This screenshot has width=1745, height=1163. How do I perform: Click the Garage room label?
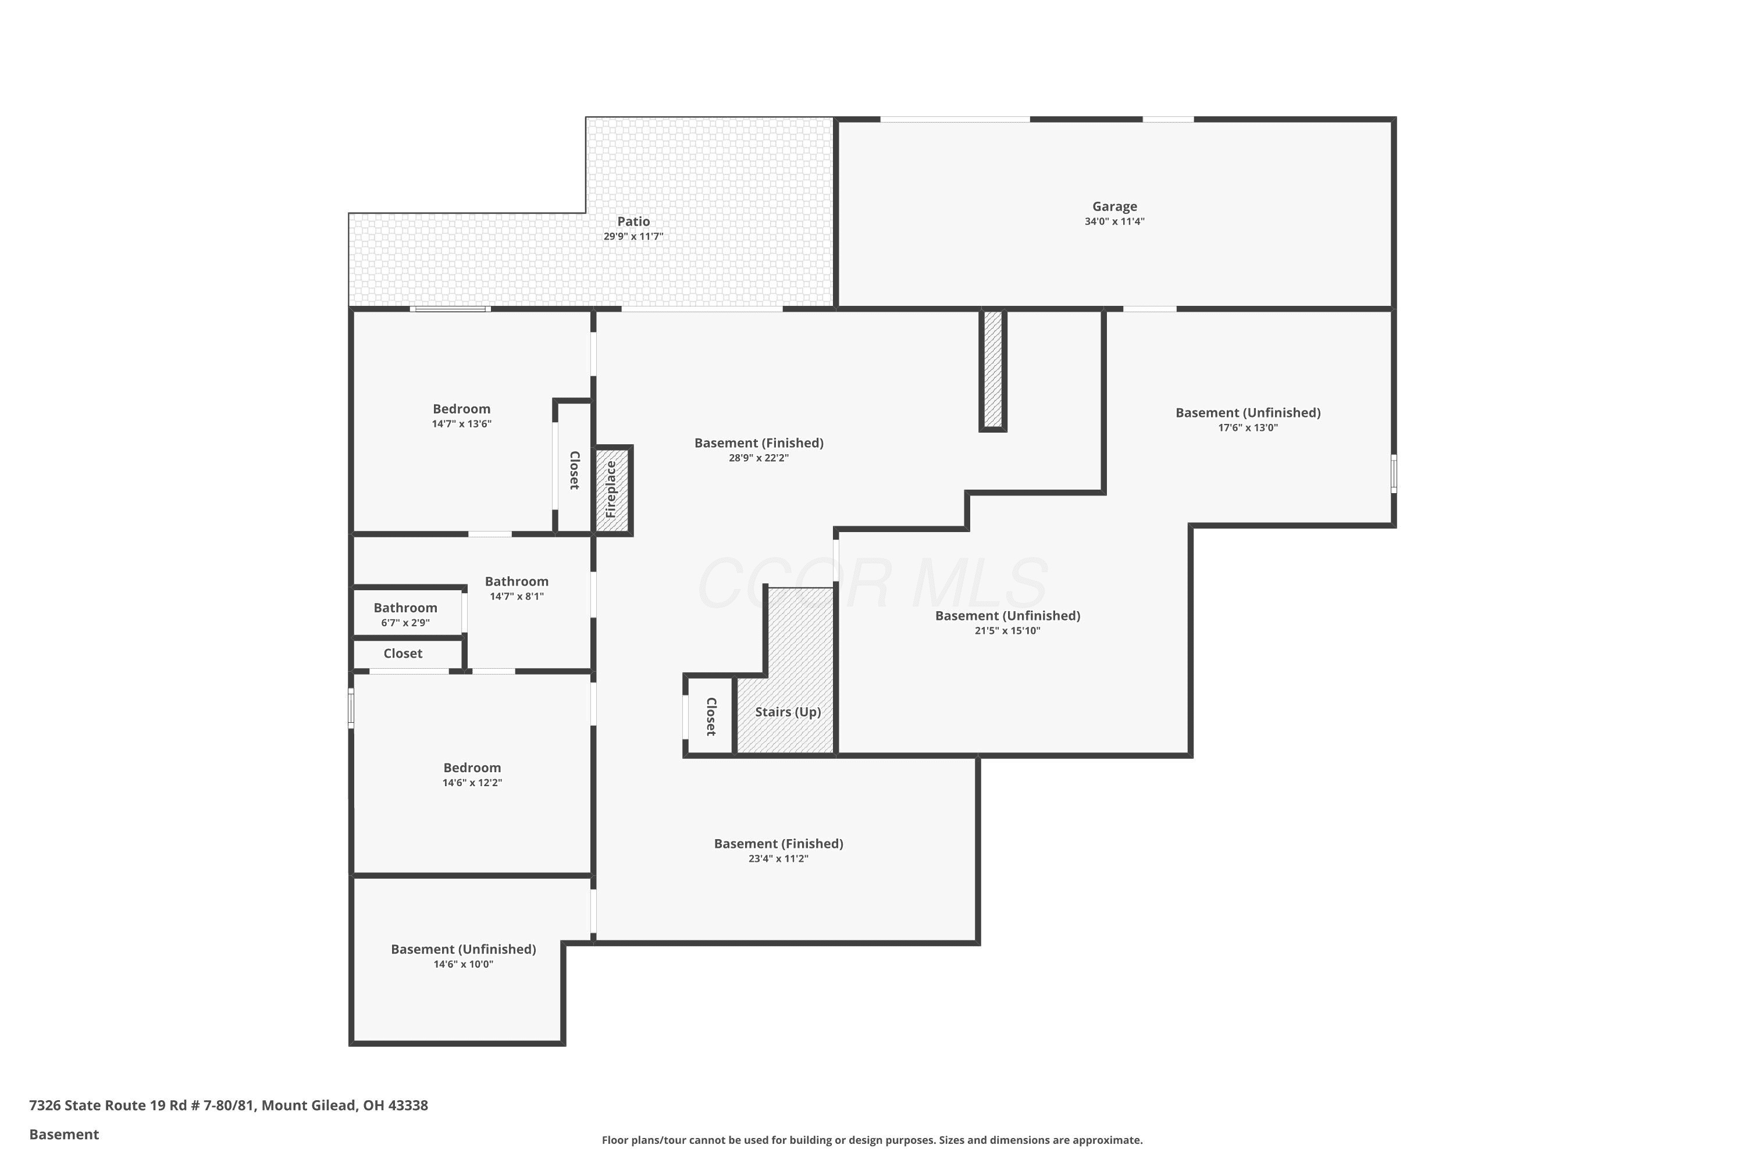click(1114, 206)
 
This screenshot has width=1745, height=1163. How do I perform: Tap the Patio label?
click(633, 221)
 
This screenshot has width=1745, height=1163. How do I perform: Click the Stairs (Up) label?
click(788, 712)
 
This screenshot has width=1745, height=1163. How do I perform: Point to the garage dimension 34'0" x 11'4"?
click(1114, 221)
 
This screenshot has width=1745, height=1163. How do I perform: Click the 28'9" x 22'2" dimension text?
click(758, 458)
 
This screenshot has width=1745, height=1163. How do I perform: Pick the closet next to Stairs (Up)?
click(710, 716)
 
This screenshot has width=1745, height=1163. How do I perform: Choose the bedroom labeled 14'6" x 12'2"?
click(472, 773)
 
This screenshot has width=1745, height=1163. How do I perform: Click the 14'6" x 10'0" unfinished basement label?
click(464, 950)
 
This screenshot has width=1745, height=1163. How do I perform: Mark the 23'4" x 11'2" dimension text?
click(778, 858)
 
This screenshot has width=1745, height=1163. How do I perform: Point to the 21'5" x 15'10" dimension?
click(1007, 630)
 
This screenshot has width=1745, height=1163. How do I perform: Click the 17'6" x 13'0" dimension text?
click(1248, 427)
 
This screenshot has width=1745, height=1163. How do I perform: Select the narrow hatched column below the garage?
click(993, 369)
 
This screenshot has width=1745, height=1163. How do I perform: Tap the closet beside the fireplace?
click(574, 468)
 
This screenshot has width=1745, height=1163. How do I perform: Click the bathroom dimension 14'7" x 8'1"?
click(517, 597)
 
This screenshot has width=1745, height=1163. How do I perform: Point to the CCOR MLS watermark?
click(872, 584)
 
